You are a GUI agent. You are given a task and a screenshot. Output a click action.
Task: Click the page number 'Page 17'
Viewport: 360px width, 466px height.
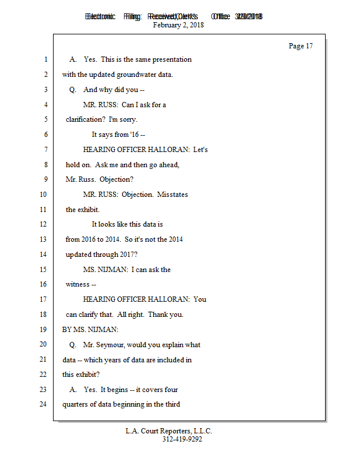tap(301, 46)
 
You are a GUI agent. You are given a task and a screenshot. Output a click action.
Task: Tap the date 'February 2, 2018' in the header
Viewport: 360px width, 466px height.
tap(178, 25)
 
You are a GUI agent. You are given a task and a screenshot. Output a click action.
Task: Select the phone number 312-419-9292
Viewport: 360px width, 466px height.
tap(182, 439)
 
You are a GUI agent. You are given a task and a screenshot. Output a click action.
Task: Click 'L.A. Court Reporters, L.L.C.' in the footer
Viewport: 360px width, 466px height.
tap(169, 431)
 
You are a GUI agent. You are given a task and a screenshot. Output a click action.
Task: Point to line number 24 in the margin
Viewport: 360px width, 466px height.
tap(42, 404)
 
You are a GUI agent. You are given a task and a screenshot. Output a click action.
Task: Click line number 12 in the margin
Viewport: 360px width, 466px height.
tap(42, 224)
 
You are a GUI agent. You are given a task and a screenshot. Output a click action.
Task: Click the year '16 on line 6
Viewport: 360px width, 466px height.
tap(133, 135)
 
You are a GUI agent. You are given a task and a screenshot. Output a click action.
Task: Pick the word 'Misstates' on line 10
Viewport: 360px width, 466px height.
tap(172, 195)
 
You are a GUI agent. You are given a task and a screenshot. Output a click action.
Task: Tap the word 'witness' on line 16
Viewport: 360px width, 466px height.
tap(77, 285)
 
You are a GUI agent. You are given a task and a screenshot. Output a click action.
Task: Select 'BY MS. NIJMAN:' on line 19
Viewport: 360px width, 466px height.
tap(86, 330)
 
